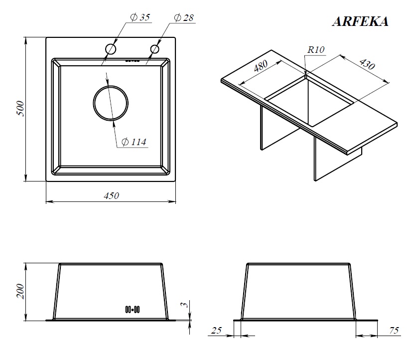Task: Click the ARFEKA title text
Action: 360,21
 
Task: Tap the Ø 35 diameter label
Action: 140,17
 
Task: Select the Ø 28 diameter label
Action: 184,18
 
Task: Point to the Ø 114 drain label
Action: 134,142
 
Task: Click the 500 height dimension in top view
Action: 20,108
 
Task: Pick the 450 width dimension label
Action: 112,196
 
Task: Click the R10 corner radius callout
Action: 316,49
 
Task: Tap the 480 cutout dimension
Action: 261,66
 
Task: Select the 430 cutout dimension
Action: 367,64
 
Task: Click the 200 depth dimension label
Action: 20,291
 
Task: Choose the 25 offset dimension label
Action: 216,330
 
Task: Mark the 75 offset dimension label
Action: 394,330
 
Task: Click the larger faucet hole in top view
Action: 111,49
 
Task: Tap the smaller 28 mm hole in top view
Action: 155,49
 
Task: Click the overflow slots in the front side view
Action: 133,309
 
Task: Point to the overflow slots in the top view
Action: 133,61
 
